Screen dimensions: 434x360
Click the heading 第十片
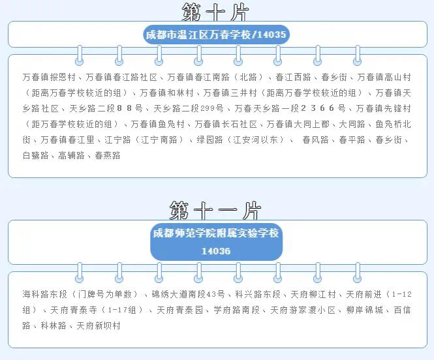215,12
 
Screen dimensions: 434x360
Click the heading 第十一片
215,210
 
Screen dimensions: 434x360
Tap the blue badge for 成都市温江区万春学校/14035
216,35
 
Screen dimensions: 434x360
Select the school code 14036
216,251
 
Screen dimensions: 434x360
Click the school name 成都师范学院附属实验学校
216,233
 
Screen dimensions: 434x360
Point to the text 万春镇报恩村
49,77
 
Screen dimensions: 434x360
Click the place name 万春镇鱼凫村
157,124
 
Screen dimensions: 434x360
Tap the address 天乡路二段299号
189,108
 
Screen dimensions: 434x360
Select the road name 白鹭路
35,155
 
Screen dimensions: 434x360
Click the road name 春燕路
108,155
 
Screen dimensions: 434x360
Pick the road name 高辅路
71,155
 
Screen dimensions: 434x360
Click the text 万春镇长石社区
226,124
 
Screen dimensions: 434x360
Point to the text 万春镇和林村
166,93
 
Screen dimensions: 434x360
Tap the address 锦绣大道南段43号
188,294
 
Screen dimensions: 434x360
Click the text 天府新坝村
99,325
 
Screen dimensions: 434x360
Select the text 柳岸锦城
365,310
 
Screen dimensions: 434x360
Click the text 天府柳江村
313,294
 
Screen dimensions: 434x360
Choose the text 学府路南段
237,310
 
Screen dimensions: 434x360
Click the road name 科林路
54,325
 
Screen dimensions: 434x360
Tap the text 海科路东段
45,294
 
